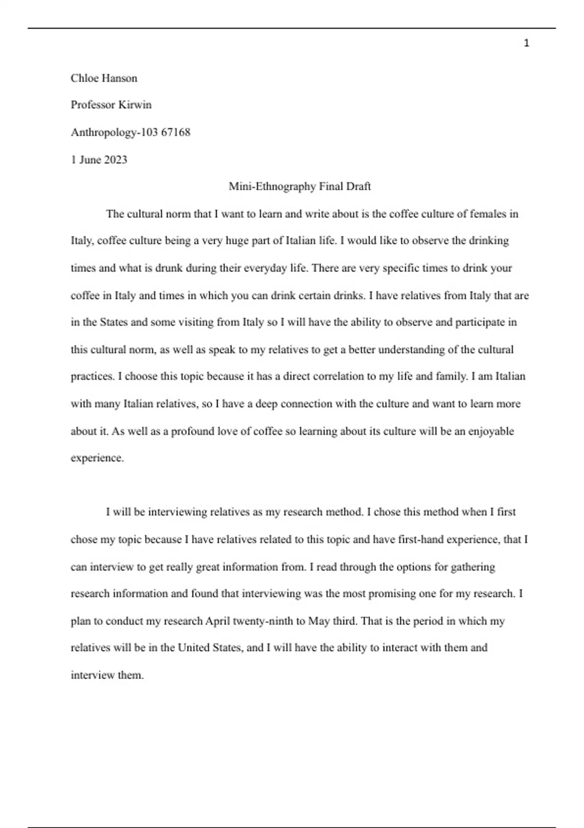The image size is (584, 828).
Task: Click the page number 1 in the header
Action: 526,44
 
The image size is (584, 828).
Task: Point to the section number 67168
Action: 176,132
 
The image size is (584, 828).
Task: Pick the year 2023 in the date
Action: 115,160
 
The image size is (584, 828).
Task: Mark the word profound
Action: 194,432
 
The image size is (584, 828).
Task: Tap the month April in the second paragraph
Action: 218,621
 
